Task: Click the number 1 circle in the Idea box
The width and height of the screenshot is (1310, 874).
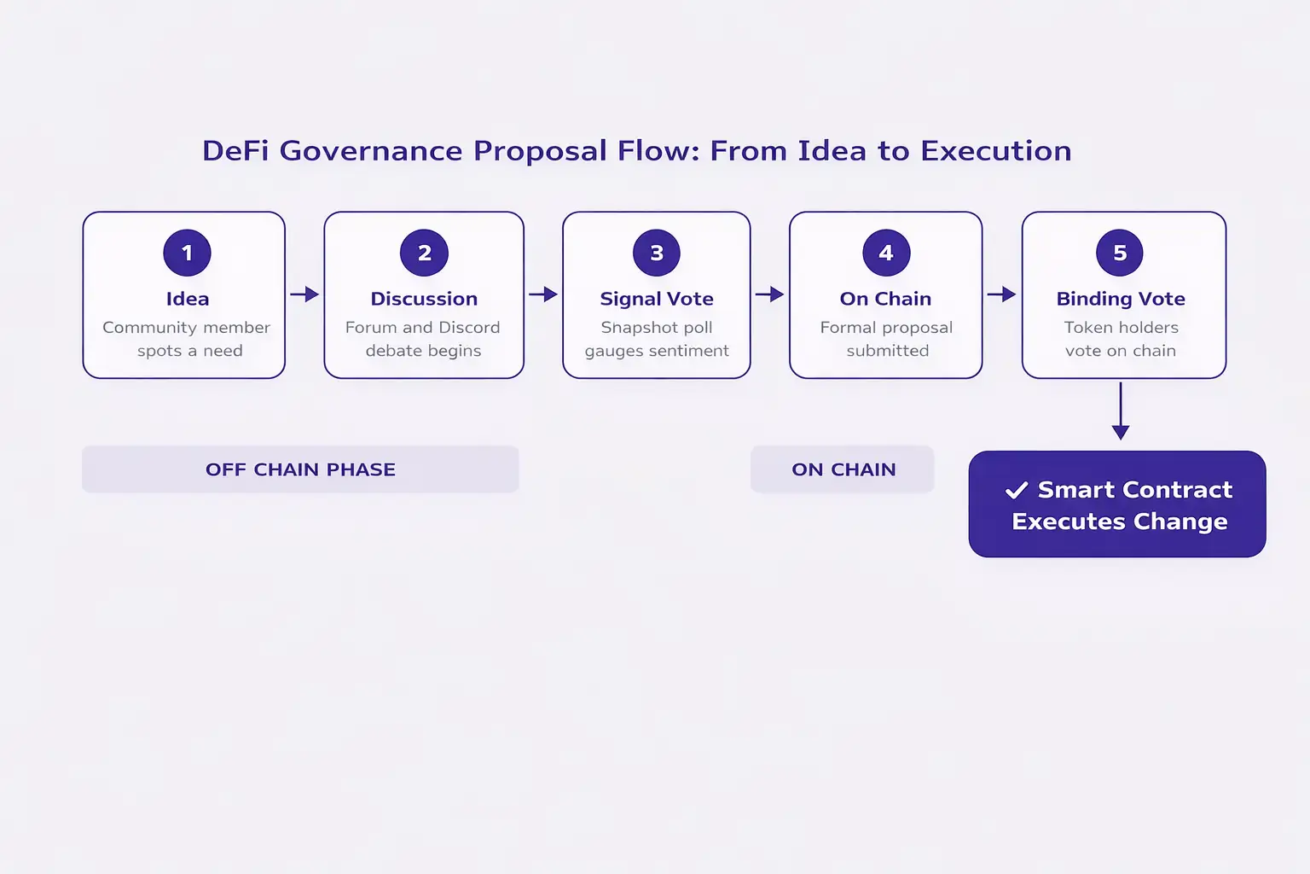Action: click(187, 253)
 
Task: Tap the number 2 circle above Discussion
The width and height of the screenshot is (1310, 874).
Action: click(424, 253)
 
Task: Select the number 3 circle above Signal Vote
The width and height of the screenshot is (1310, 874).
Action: click(657, 253)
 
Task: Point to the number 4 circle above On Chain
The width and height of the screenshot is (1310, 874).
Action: click(886, 253)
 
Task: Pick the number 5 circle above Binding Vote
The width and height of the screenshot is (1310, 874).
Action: click(1120, 253)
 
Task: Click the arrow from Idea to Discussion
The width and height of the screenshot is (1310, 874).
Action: click(304, 294)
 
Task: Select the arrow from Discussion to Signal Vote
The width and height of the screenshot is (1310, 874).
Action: click(543, 294)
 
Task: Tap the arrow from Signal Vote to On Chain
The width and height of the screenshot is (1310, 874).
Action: click(770, 294)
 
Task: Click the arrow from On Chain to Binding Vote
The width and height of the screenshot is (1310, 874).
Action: click(1002, 294)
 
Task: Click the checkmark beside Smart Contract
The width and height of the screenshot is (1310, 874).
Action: click(1017, 491)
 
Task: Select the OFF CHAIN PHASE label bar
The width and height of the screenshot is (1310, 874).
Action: click(300, 469)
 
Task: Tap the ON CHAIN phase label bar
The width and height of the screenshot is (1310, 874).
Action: click(843, 469)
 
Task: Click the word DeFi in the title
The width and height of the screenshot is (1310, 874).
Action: click(236, 151)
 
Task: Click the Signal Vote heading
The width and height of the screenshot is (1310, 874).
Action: click(657, 299)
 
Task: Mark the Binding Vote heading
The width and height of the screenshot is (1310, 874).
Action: click(1121, 299)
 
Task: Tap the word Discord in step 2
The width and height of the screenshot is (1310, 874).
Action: click(469, 328)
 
